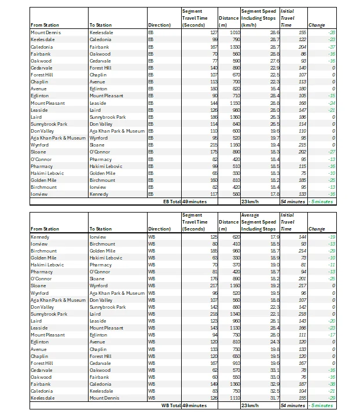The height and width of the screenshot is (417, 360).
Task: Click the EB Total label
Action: (x=171, y=202)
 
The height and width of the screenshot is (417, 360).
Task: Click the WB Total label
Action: (x=170, y=405)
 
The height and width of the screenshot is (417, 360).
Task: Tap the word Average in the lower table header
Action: (x=250, y=215)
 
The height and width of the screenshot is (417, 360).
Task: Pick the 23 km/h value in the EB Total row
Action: (x=250, y=202)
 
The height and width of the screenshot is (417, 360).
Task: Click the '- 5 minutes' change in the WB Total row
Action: (x=321, y=405)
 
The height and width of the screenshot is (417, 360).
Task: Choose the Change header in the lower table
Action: (x=317, y=229)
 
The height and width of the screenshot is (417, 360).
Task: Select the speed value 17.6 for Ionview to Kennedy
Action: (x=270, y=195)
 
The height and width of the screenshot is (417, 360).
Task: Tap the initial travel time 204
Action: (x=301, y=46)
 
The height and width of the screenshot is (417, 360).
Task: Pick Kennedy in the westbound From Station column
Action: (x=40, y=236)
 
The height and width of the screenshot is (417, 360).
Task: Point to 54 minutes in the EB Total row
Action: (x=293, y=202)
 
